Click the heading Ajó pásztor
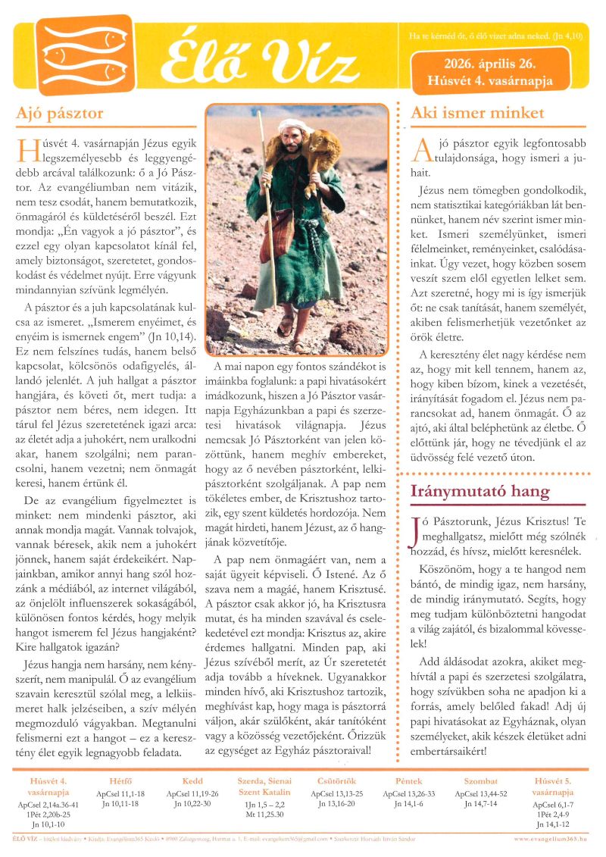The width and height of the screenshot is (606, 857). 60,114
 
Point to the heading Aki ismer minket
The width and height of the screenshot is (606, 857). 476,114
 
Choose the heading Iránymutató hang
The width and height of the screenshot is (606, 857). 479,491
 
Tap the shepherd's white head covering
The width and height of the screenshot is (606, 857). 293,127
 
